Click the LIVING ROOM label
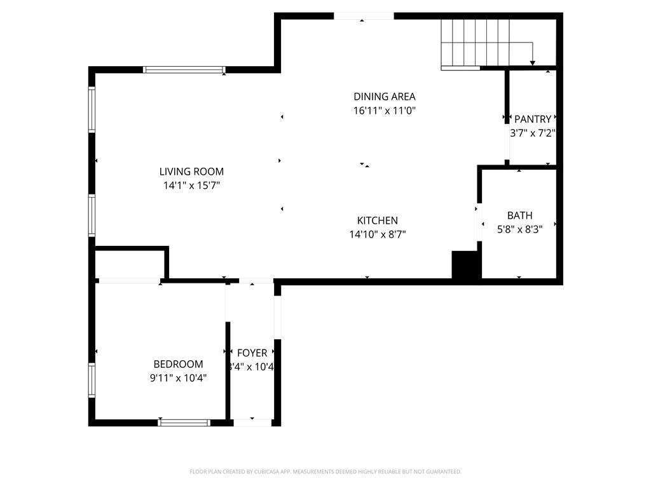click(x=191, y=172)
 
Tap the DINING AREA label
click(x=384, y=97)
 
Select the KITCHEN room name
click(x=377, y=220)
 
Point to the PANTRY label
click(x=533, y=119)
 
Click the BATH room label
click(x=519, y=215)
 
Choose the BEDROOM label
click(x=178, y=364)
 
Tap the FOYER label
click(x=252, y=353)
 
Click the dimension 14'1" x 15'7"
click(x=191, y=186)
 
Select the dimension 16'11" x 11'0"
click(x=384, y=111)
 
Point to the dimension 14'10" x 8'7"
click(x=377, y=234)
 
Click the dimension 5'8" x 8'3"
click(x=519, y=229)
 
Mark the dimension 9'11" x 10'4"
click(x=178, y=378)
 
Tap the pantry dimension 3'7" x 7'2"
click(x=533, y=133)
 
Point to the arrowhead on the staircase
click(x=532, y=62)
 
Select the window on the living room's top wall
click(x=184, y=70)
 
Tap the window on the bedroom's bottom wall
click(x=184, y=422)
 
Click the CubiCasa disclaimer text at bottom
click(x=325, y=471)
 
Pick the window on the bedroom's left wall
click(x=92, y=379)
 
